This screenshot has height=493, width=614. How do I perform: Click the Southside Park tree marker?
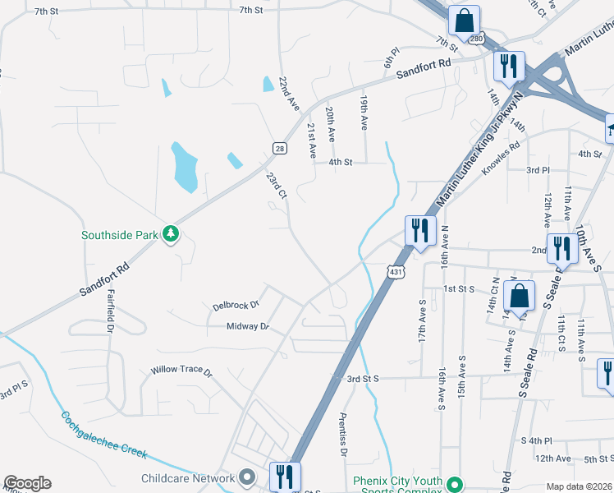171,234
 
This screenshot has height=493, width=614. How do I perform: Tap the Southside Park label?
119,235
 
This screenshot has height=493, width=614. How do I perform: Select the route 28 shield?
279,147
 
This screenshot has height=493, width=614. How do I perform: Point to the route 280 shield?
477,39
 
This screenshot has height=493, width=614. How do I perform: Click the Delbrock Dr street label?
236,305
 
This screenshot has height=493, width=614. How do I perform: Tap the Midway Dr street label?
248,326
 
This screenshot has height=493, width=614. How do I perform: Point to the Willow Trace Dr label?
181,371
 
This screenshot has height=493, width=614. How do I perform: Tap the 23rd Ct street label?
276,186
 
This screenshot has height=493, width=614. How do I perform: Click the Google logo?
27,483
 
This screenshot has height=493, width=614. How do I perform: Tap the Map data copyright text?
579,486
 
